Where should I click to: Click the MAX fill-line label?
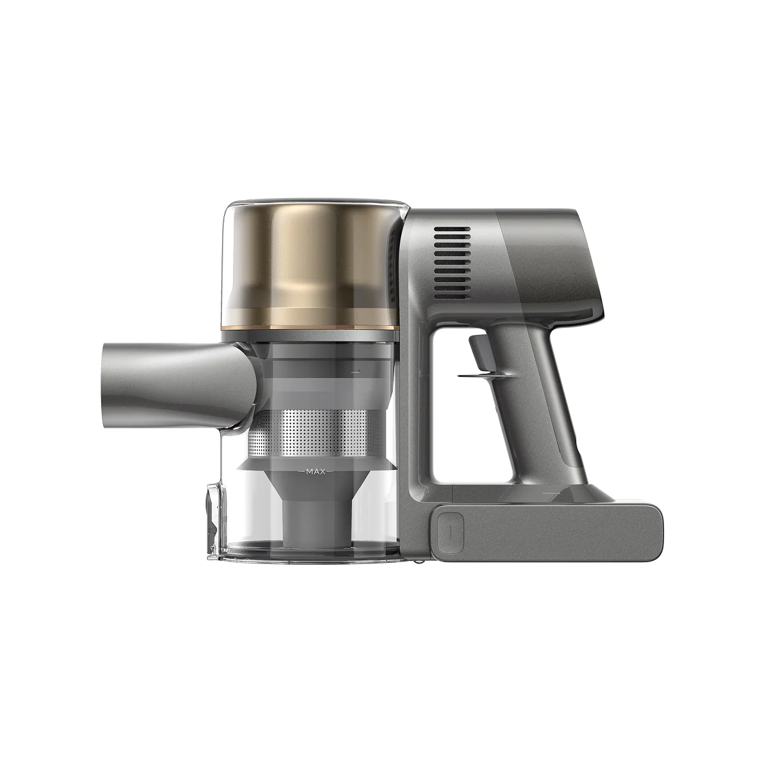click(x=316, y=472)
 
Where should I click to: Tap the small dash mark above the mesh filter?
click(x=357, y=370)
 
